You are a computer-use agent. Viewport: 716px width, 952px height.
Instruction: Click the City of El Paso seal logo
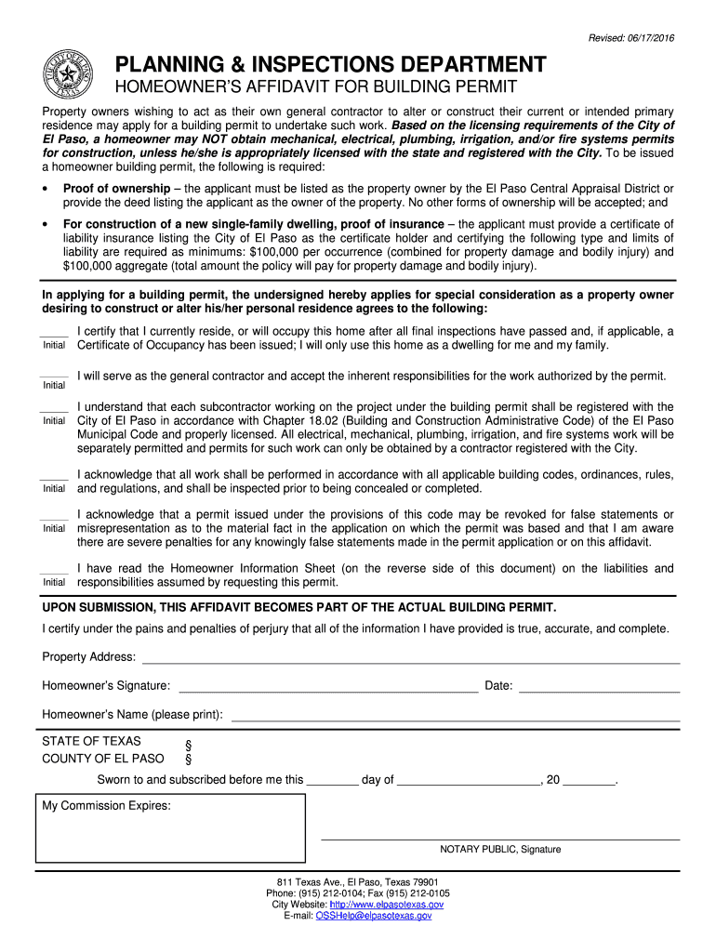(68, 73)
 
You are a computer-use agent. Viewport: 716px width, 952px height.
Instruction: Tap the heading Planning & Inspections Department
(330, 65)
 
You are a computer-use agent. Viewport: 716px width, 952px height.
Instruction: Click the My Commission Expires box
(170, 827)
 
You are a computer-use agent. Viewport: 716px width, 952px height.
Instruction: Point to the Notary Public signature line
(500, 839)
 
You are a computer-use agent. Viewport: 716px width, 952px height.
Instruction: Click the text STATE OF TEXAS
(92, 742)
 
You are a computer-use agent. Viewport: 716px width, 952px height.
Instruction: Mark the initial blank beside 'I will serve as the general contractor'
(54, 375)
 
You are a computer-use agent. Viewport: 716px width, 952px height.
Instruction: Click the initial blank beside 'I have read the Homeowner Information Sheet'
(54, 571)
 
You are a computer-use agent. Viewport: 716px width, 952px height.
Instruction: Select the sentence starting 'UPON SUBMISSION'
(299, 607)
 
